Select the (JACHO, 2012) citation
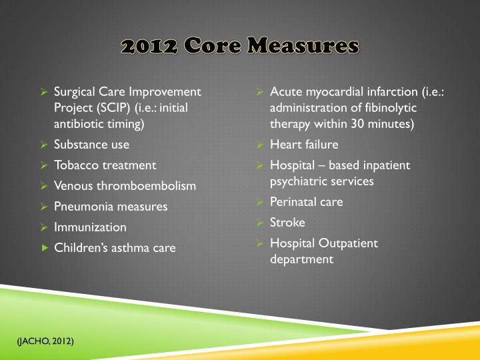(45, 341)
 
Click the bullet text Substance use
(91, 144)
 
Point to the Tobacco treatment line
(105, 165)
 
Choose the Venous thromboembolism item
(125, 185)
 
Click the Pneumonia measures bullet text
(110, 206)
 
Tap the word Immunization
(90, 227)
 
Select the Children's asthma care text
(115, 247)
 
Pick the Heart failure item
(304, 144)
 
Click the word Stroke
(287, 222)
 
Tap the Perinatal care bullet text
(306, 201)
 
